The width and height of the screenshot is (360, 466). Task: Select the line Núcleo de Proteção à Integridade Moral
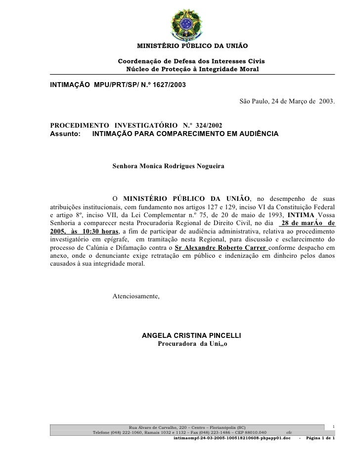tap(192, 68)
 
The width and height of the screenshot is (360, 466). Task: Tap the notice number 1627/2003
tap(168, 85)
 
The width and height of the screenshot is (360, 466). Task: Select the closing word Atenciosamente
tap(136, 296)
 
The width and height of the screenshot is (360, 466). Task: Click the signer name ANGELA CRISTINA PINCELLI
tap(191, 335)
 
